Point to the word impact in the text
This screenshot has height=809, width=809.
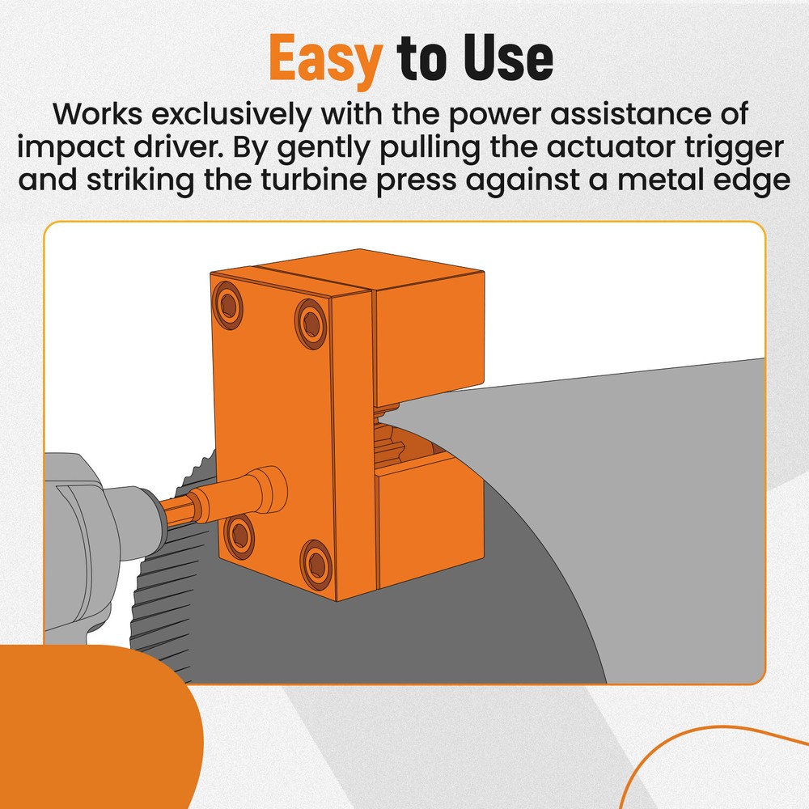coord(71,149)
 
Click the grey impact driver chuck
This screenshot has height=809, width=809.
coord(121,518)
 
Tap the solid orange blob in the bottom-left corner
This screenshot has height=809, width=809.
coord(89,728)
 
